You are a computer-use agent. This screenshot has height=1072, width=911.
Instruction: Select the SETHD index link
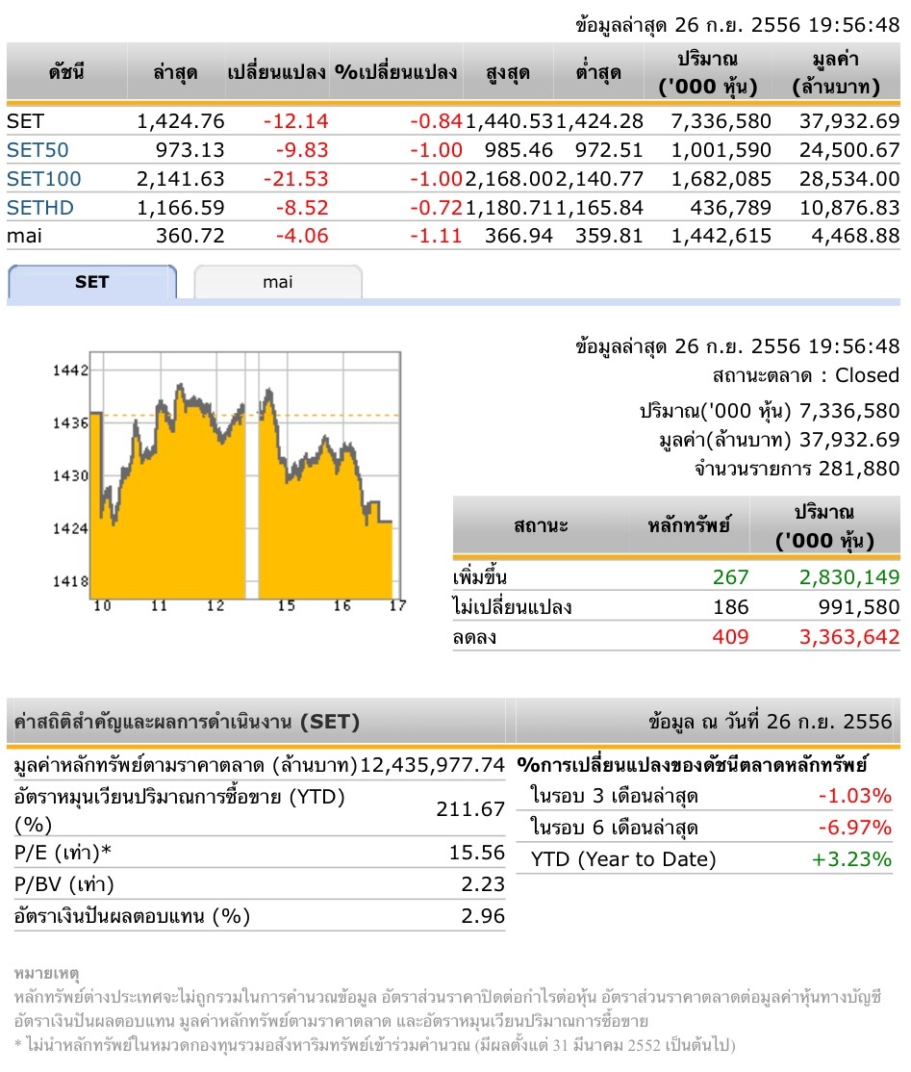click(39, 207)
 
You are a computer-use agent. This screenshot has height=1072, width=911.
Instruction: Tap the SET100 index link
click(43, 178)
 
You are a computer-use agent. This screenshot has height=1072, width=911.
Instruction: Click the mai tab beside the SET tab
click(277, 282)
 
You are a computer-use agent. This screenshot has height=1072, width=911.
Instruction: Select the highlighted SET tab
click(92, 282)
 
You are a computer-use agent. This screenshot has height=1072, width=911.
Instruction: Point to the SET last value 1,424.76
click(181, 121)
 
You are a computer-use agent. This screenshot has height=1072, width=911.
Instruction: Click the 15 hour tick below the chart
click(286, 605)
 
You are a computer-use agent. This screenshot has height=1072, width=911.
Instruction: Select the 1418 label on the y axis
click(73, 581)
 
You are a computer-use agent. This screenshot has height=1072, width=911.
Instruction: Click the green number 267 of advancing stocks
click(730, 577)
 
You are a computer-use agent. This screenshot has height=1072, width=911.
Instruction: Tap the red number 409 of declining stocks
click(730, 636)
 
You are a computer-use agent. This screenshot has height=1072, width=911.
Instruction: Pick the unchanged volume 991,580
click(853, 607)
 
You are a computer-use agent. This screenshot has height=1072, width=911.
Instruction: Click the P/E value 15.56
click(482, 853)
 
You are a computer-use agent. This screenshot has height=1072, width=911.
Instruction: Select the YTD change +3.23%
click(852, 859)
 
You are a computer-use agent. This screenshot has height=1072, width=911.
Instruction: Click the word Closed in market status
click(867, 375)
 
